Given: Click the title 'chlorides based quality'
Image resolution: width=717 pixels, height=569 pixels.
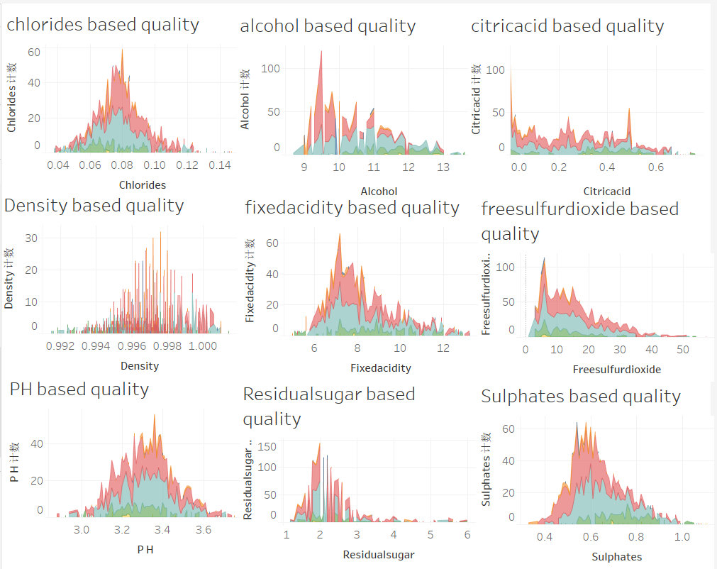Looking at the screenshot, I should tap(103, 25).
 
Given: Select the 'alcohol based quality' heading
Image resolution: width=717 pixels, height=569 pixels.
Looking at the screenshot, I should tap(328, 27).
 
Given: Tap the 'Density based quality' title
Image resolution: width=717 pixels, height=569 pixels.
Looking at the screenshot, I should tap(94, 206).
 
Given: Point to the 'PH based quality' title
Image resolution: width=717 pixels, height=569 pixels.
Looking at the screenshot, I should tap(79, 390).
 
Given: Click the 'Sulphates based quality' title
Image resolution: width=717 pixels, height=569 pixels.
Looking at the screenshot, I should tap(580, 397).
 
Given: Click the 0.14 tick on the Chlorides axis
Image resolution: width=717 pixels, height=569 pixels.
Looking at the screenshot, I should tap(220, 165).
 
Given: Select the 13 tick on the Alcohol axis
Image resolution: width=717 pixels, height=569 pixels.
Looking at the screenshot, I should tap(443, 167).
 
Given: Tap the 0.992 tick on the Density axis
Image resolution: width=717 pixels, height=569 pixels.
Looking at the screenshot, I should tap(60, 346).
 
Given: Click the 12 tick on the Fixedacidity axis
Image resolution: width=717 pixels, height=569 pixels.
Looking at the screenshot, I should tap(443, 348).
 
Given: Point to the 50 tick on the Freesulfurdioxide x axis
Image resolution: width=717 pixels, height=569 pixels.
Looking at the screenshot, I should tap(682, 349).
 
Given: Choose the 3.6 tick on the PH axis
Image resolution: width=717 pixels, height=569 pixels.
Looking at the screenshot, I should tap(203, 530).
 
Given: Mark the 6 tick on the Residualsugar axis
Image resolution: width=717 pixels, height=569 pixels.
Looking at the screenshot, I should tap(467, 534).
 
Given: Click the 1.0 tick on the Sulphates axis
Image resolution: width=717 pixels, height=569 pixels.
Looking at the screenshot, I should tap(682, 537).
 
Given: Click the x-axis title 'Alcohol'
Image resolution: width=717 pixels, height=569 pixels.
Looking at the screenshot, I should tap(379, 191).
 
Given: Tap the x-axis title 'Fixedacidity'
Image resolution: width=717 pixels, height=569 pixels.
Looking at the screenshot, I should tap(380, 368).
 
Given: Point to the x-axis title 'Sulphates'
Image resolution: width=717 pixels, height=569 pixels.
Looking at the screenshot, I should tap(616, 557).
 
